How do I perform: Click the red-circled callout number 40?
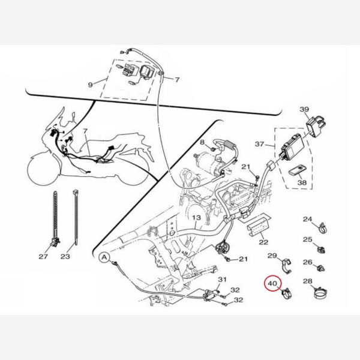[272, 284]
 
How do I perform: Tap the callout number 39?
[304, 109]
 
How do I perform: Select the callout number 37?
[259, 144]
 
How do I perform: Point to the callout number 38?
[302, 182]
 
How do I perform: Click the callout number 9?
[91, 85]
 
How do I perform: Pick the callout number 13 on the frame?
[196, 217]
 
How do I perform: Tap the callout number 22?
[263, 242]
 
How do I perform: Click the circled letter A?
[104, 257]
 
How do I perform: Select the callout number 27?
[43, 256]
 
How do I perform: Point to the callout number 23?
[65, 256]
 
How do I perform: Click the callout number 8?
[202, 142]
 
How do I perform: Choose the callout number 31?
[222, 280]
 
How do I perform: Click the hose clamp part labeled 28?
[321, 293]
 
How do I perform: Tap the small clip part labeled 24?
[323, 227]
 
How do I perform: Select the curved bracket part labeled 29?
[286, 266]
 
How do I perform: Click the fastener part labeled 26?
[320, 268]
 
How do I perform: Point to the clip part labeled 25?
[321, 250]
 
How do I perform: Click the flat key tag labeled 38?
[296, 170]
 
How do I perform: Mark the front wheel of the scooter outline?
[43, 169]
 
